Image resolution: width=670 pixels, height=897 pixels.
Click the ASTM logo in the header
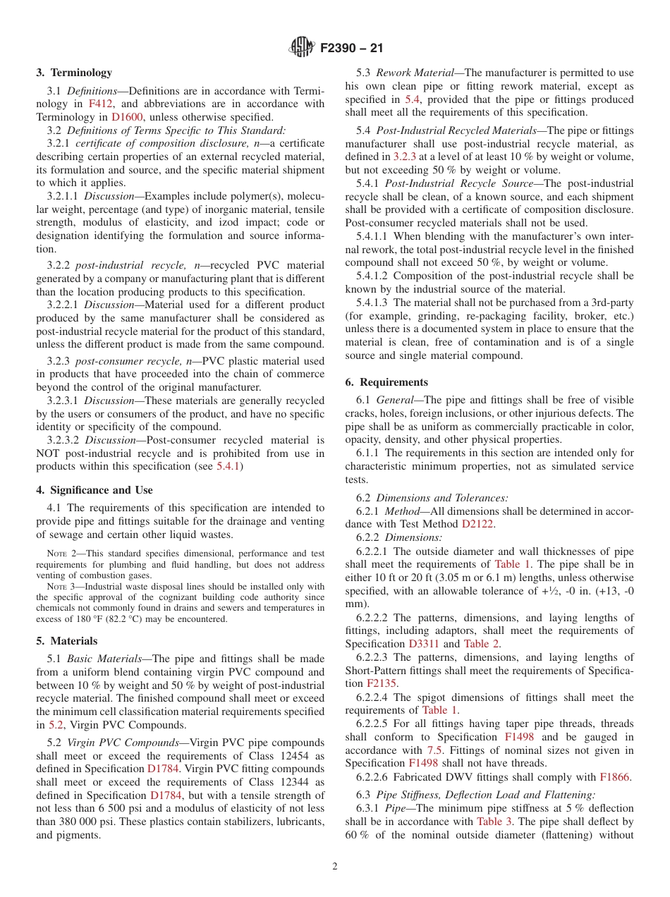pos(303,49)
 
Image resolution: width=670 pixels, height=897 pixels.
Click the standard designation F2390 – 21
pos(352,49)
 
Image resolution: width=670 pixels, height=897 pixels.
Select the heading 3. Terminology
pos(74,73)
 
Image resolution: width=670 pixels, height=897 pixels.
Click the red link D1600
pos(126,117)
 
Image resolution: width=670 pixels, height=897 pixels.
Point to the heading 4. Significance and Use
pos(95,490)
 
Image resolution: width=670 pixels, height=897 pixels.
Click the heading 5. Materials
pos(67,641)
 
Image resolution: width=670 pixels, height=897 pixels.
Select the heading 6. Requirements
pos(386,382)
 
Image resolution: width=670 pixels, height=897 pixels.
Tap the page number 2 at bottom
pos(335,867)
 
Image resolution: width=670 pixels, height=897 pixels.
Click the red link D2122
pos(477,524)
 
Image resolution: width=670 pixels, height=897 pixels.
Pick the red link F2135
pos(382,683)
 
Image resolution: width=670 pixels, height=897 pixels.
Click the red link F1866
pos(615,777)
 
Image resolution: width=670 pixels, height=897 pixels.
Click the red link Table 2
pos(481,644)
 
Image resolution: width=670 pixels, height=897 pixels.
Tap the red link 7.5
pos(435,750)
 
